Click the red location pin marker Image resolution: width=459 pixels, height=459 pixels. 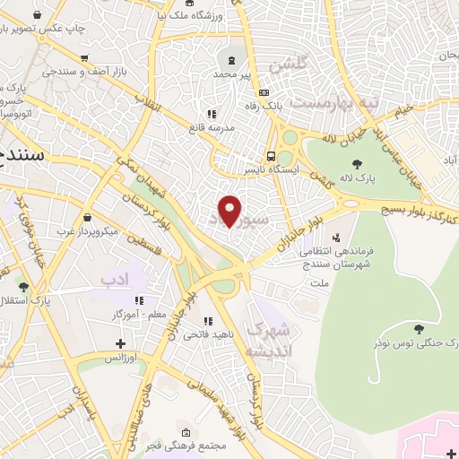(230, 212)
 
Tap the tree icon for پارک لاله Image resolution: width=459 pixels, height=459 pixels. (359, 164)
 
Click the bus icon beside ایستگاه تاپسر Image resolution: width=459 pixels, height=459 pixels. (271, 153)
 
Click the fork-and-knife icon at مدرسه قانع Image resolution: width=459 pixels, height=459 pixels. (212, 114)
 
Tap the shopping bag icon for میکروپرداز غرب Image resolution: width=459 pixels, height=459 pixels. (87, 216)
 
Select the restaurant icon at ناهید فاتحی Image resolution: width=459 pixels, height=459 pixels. (209, 320)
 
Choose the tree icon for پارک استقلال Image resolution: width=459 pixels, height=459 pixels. (24, 287)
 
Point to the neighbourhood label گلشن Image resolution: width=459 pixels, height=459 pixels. (294, 65)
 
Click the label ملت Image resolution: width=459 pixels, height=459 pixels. (319, 282)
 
